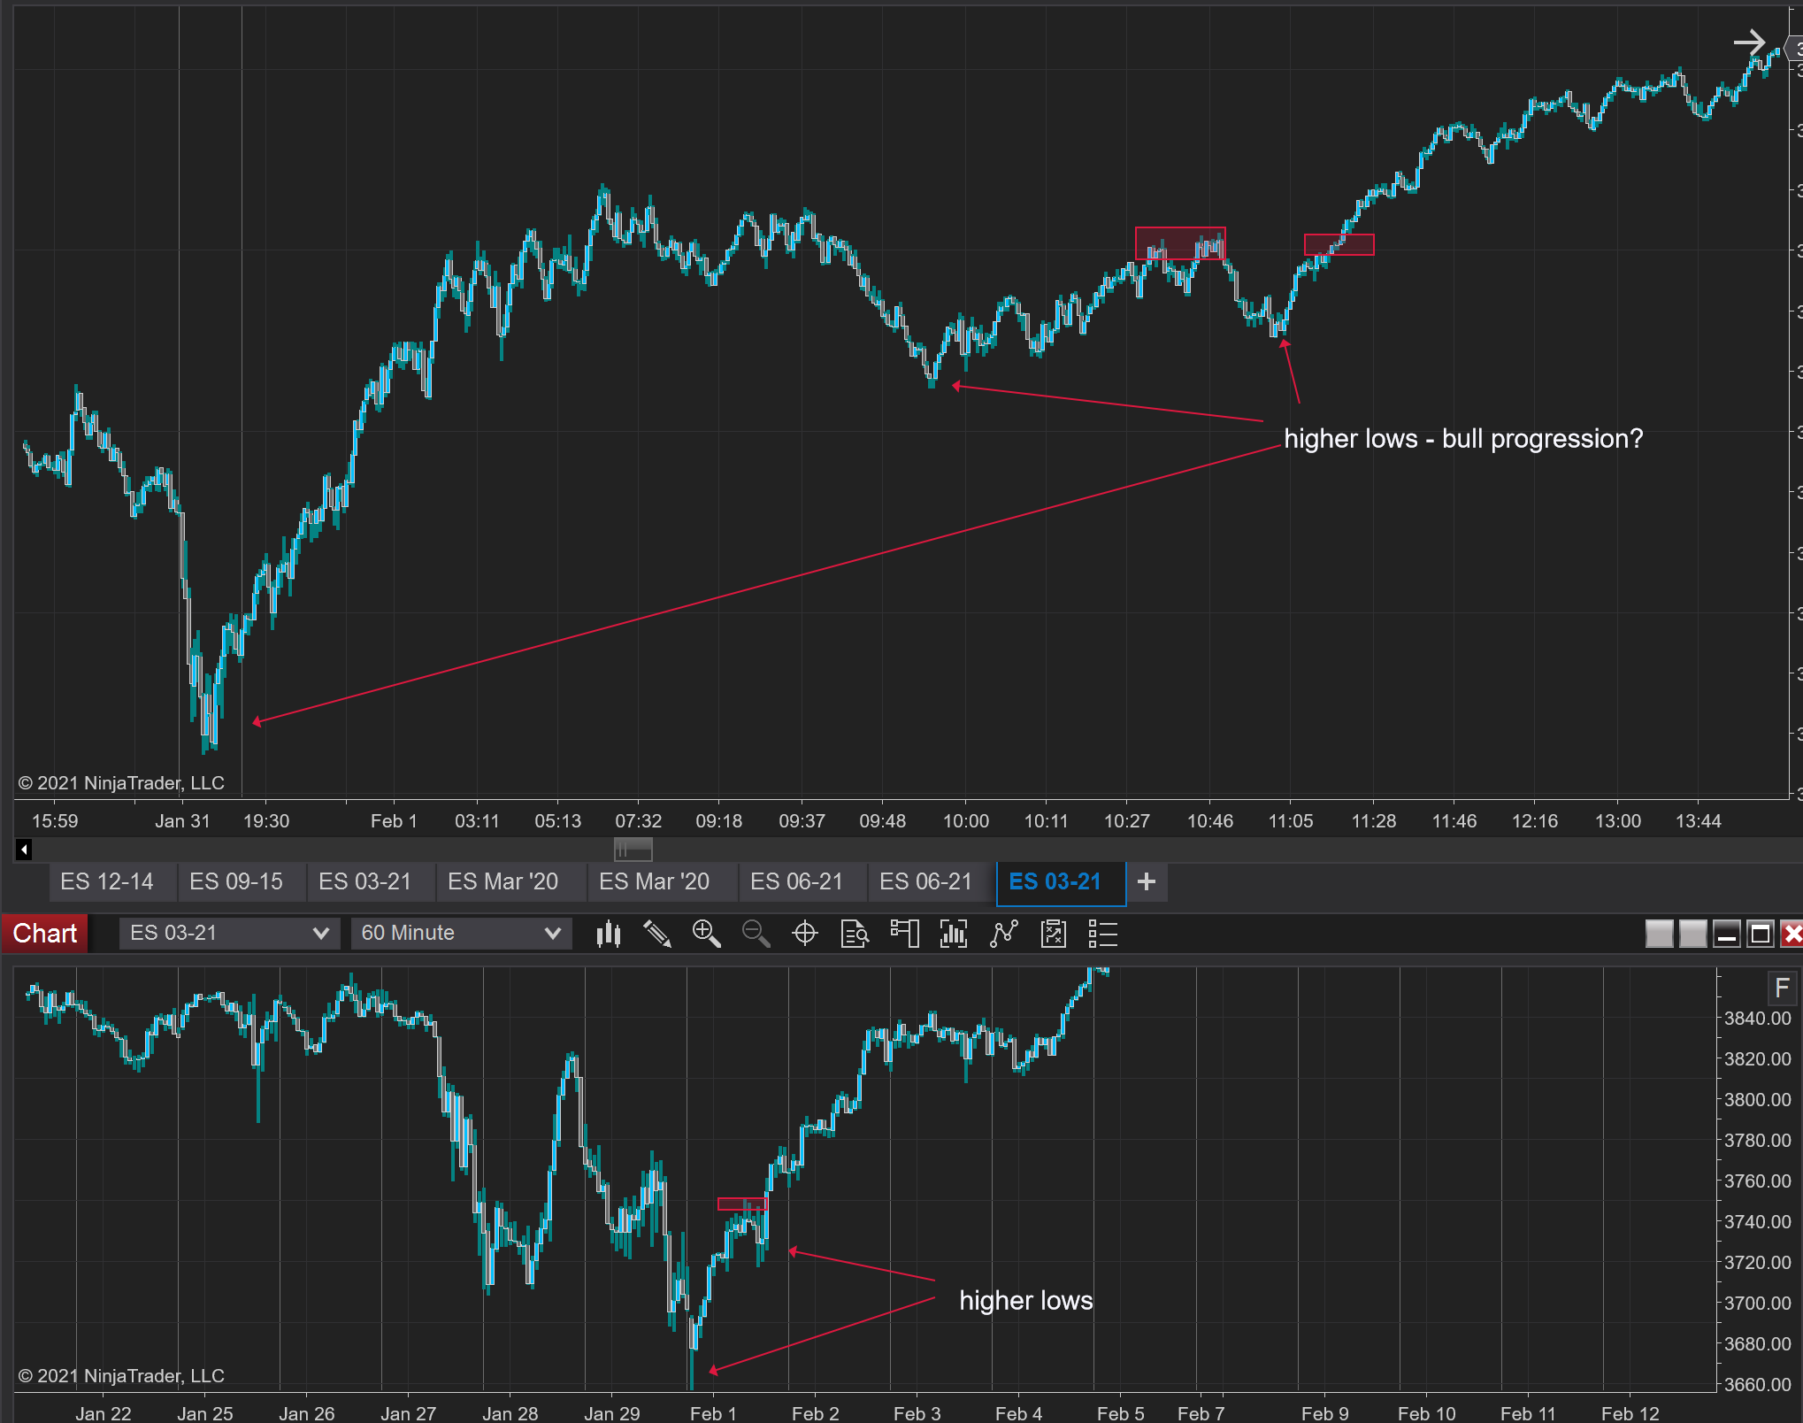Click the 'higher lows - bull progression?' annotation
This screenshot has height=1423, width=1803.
(1463, 439)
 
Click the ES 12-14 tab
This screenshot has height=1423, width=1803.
(107, 882)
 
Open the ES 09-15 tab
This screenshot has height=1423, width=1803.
(236, 882)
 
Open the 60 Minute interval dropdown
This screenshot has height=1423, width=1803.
(461, 933)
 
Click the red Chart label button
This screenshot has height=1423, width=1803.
(44, 933)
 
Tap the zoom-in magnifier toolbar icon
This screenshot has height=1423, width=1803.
(706, 934)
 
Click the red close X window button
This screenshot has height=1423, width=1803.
(1791, 934)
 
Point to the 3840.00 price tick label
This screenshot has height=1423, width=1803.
(1757, 1019)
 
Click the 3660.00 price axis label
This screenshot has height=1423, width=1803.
(1757, 1385)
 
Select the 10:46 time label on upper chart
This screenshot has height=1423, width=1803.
(1209, 821)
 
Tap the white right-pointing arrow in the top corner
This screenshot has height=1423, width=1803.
(1749, 42)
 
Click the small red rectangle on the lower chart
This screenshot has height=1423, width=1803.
(742, 1204)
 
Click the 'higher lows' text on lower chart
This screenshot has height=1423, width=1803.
(1026, 1301)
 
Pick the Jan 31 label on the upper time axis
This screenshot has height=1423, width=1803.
(182, 821)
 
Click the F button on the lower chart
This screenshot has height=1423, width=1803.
(1782, 988)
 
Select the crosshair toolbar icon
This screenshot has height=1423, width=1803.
(805, 934)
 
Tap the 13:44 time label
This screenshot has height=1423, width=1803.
(1698, 821)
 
